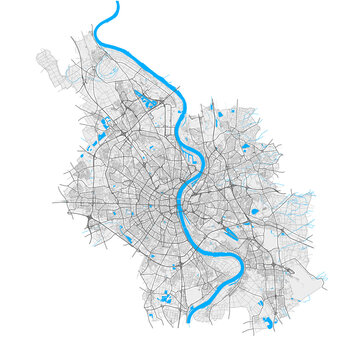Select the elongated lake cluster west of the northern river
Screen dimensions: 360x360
click(x=150, y=99)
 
